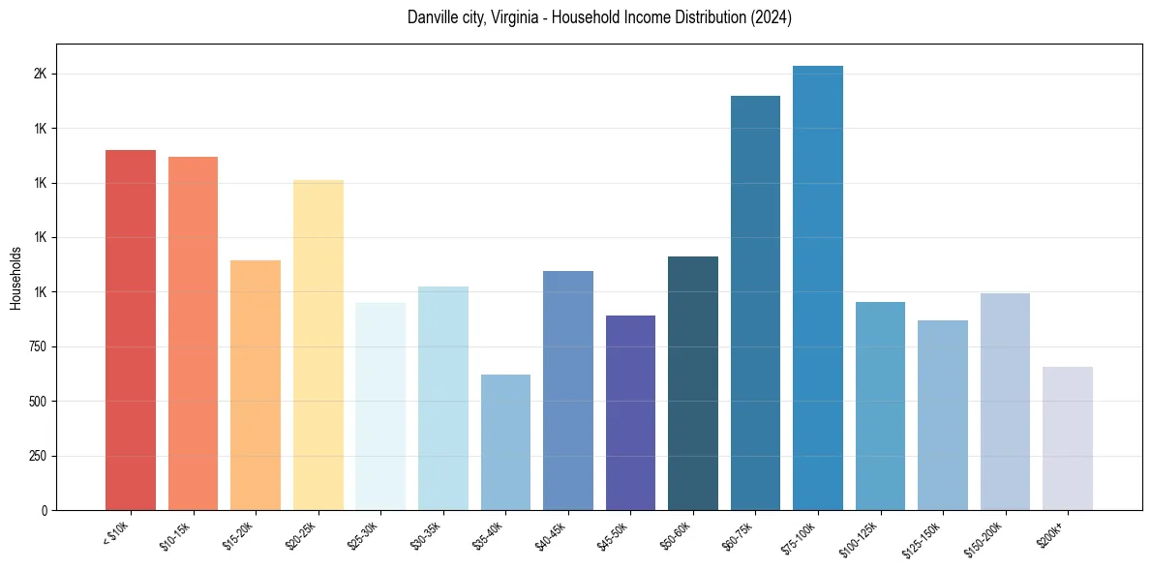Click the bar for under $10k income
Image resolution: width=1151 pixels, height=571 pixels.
pos(130,329)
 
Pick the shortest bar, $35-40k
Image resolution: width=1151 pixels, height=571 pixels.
pos(505,441)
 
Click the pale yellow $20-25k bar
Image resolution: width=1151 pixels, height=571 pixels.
pos(318,345)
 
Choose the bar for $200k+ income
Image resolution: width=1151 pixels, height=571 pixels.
pos(1068,437)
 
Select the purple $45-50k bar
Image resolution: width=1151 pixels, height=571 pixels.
pos(630,412)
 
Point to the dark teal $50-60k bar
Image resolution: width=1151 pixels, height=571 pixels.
pos(693,382)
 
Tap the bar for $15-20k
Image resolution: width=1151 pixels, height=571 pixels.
pos(256,384)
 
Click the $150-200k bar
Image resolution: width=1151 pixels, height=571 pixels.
pos(1005,401)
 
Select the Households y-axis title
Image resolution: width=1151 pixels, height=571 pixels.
pos(15,278)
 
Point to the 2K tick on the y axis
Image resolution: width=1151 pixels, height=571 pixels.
pos(40,75)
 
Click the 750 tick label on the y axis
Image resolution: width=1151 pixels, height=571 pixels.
pos(38,347)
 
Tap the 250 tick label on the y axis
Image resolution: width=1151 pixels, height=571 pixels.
pos(38,456)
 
